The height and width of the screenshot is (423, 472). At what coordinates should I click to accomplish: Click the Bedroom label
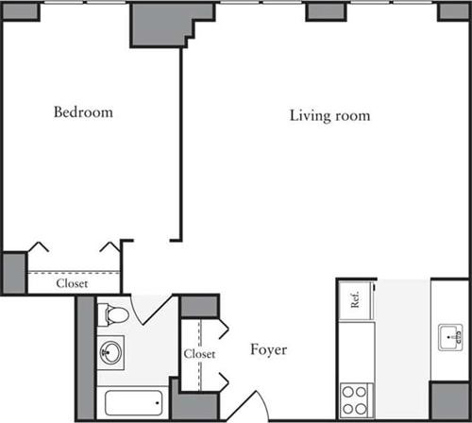(x=83, y=112)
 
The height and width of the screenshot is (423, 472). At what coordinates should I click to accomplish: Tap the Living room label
(x=329, y=116)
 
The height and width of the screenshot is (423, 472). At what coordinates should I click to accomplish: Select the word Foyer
(x=268, y=350)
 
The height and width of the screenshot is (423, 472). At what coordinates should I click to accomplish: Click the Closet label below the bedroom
(x=73, y=282)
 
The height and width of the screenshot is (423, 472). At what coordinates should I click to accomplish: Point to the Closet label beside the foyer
(x=200, y=354)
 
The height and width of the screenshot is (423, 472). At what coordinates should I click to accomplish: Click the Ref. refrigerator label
(x=355, y=301)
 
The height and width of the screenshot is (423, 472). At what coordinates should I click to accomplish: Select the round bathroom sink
(x=110, y=351)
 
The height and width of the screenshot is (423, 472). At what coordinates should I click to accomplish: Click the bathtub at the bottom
(x=135, y=404)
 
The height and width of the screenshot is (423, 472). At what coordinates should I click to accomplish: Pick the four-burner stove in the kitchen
(x=355, y=395)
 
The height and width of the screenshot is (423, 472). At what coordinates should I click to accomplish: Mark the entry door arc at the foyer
(x=246, y=405)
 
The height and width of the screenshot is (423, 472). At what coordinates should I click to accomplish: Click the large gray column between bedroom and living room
(x=160, y=25)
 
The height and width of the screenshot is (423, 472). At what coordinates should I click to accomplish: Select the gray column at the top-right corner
(x=453, y=10)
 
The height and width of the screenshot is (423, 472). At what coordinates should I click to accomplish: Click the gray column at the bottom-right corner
(x=449, y=400)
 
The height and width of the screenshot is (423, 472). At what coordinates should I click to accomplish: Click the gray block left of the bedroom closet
(x=14, y=273)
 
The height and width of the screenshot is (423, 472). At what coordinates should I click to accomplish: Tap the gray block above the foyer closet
(x=198, y=307)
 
